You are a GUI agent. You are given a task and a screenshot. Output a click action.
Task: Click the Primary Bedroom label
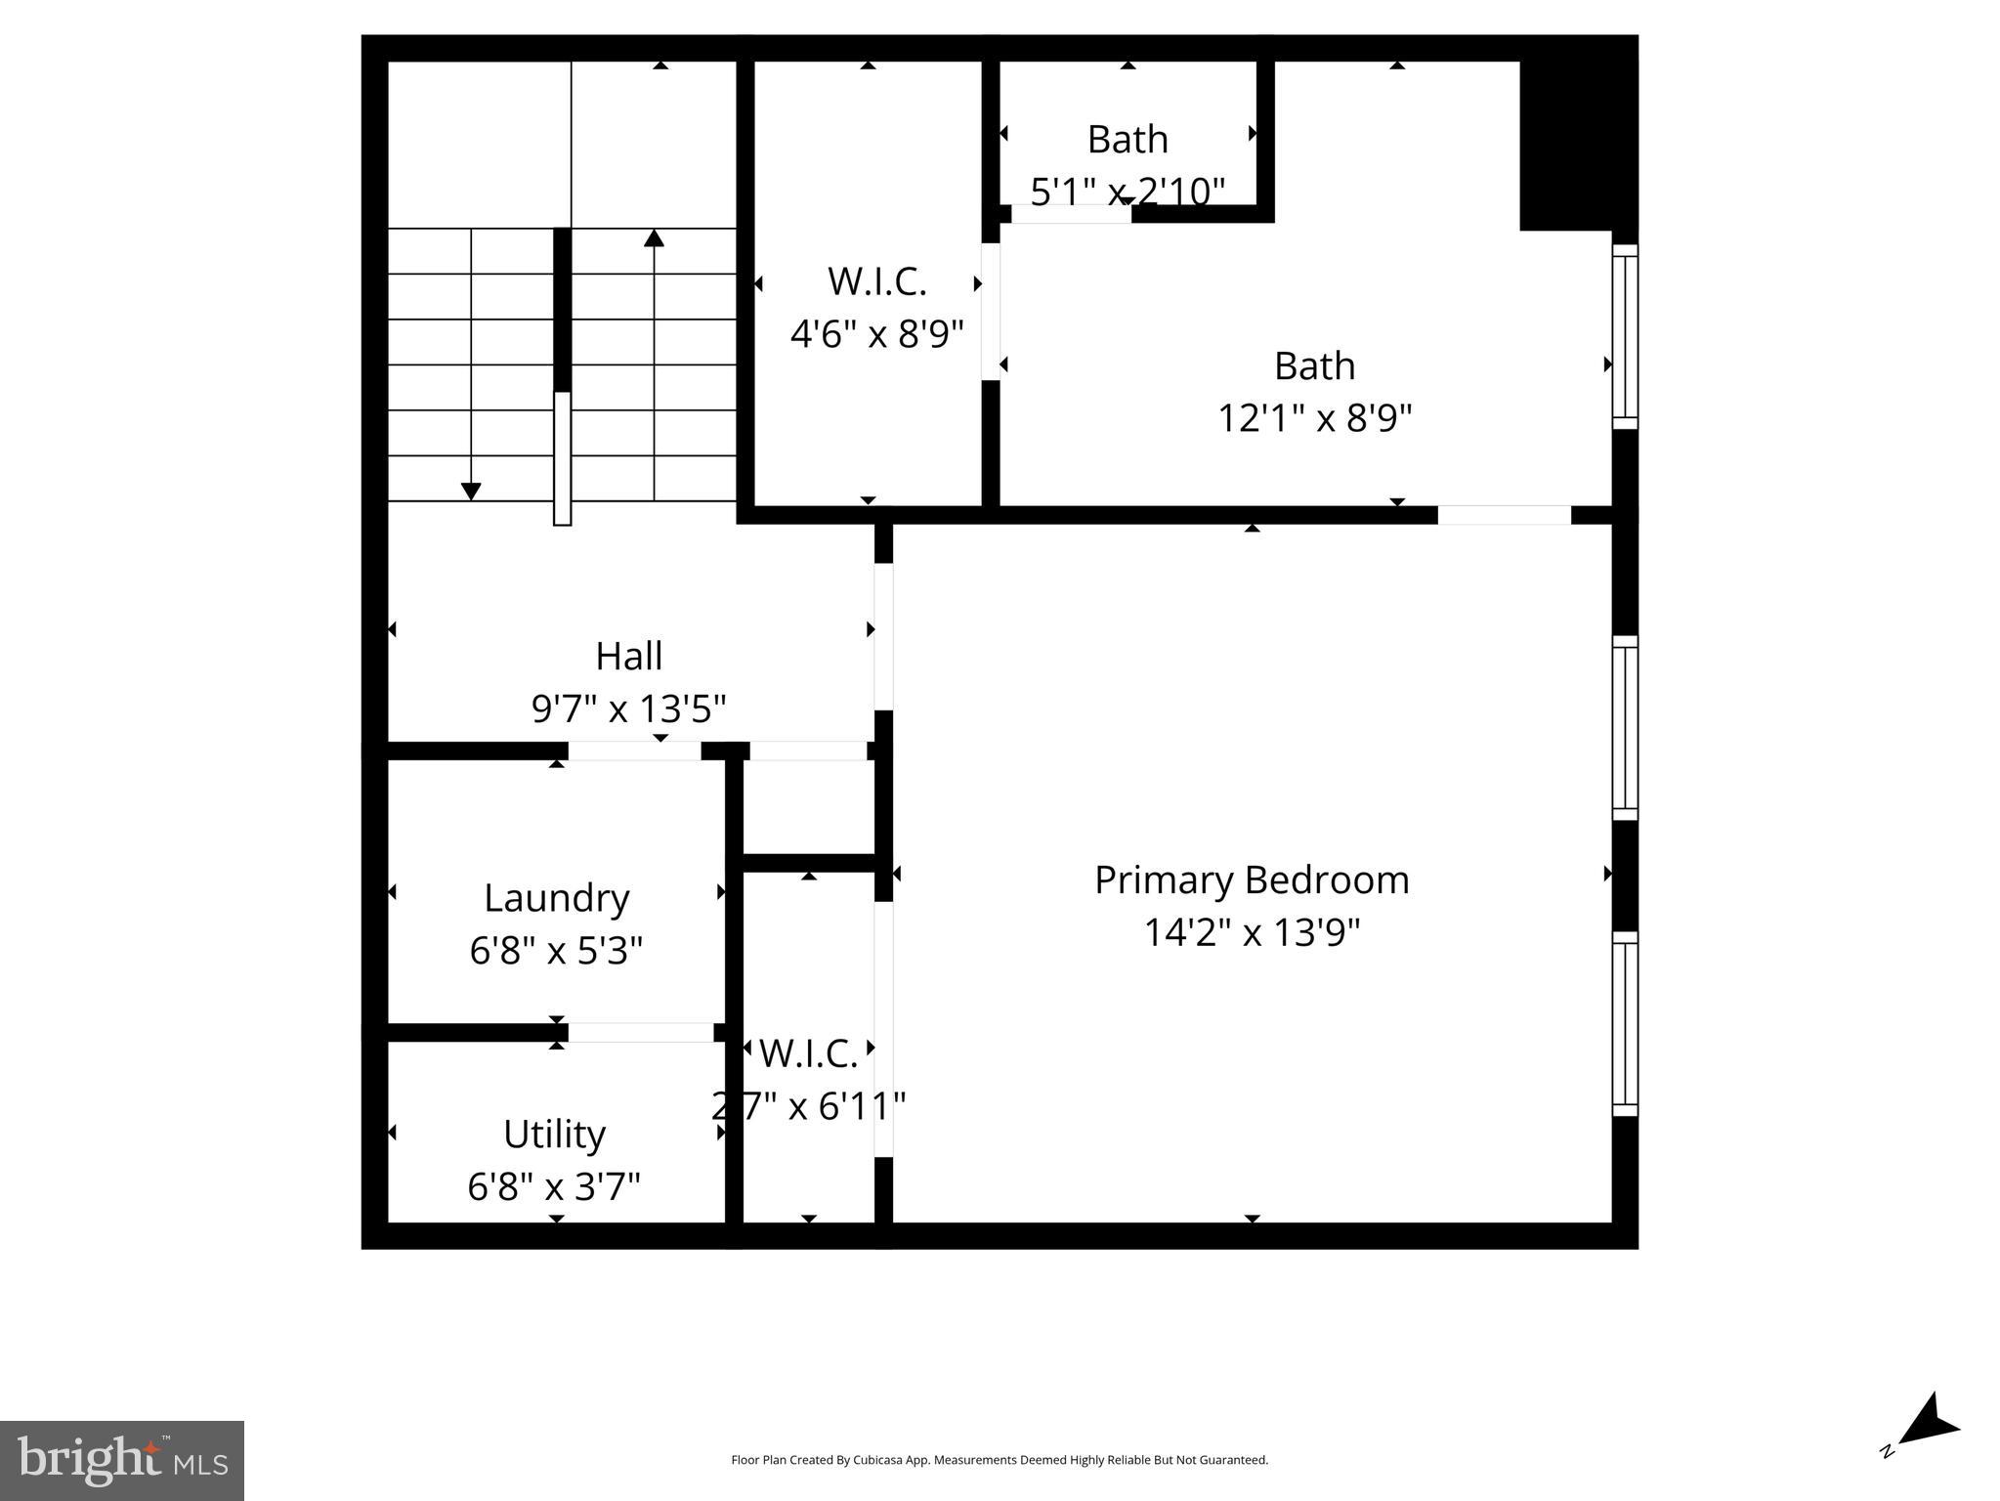click(x=1252, y=880)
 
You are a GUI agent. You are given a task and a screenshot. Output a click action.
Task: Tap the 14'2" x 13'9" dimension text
click(x=1252, y=932)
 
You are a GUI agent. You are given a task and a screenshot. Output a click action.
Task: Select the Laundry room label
click(x=556, y=898)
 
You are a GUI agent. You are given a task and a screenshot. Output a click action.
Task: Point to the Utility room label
click(x=554, y=1135)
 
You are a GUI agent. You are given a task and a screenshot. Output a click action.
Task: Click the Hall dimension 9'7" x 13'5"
click(x=628, y=708)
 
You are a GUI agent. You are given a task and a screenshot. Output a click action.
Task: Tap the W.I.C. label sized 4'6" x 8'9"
click(x=876, y=281)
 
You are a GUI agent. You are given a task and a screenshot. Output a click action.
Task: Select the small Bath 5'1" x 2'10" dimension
click(x=1128, y=192)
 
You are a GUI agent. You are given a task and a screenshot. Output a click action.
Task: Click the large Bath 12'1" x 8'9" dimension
click(x=1314, y=418)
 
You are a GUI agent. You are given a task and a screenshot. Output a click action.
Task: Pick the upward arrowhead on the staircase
click(x=654, y=237)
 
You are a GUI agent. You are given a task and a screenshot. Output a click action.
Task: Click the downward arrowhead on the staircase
click(x=471, y=492)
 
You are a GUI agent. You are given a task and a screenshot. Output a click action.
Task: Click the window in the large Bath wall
click(x=1624, y=336)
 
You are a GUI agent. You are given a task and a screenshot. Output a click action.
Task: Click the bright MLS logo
click(x=122, y=1460)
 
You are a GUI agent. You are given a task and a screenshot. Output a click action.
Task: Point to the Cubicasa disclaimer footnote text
click(x=999, y=1460)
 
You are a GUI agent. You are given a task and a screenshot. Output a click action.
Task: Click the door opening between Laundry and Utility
click(x=640, y=1032)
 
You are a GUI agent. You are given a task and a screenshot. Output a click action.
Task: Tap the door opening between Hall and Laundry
click(x=634, y=750)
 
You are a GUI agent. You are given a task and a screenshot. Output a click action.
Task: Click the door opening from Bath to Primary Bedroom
click(x=1504, y=515)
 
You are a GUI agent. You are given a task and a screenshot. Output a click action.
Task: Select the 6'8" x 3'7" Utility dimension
click(x=554, y=1187)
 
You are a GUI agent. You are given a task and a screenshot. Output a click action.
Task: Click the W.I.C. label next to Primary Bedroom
click(x=808, y=1053)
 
